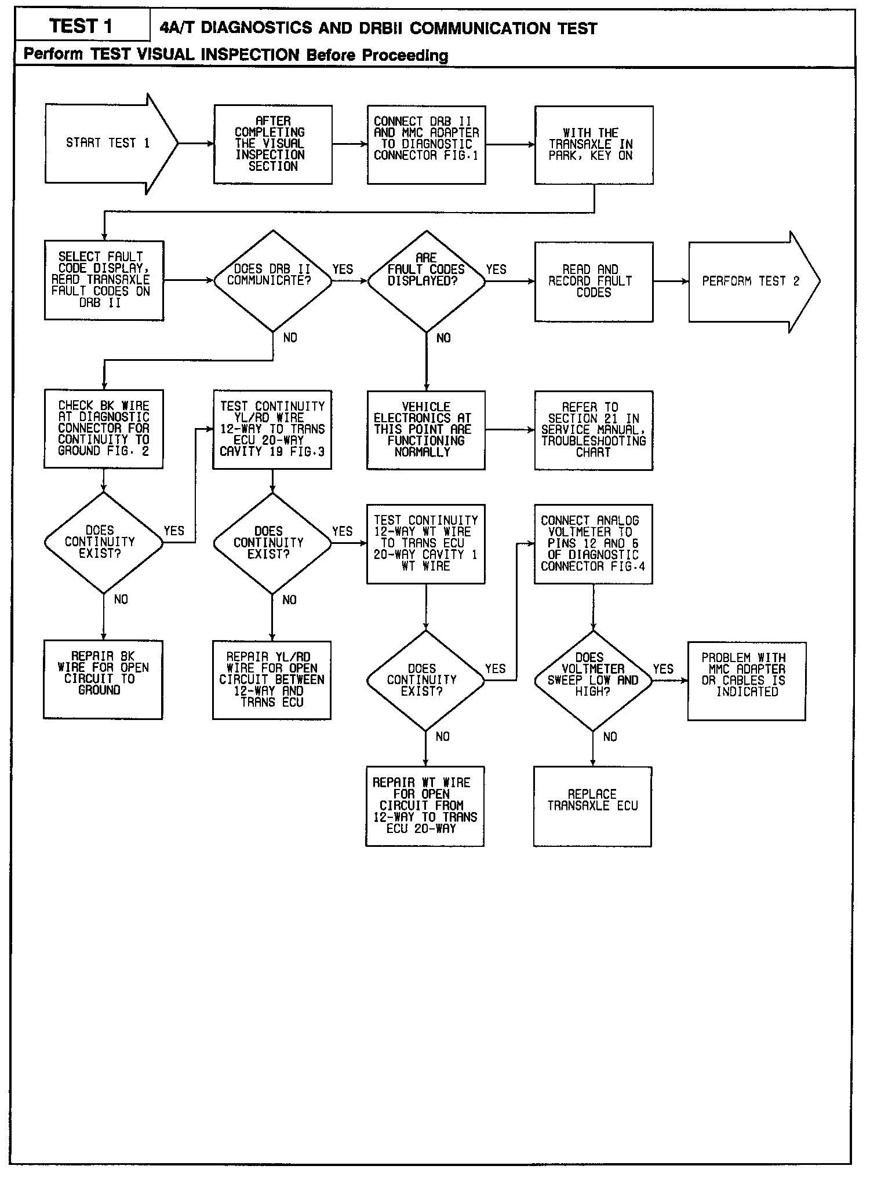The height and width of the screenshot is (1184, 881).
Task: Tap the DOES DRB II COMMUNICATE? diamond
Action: pos(272,282)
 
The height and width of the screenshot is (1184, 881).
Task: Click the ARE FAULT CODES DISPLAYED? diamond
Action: pos(426,282)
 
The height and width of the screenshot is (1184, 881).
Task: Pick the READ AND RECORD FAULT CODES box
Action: pos(594,282)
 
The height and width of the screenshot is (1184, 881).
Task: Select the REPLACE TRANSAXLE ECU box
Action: pos(592,806)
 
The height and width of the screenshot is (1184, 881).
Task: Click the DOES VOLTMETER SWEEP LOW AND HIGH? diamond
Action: pos(592,681)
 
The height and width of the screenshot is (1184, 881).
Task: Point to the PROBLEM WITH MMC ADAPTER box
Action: pos(746,681)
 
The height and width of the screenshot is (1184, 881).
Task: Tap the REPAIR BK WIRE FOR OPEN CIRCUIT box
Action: pos(103,679)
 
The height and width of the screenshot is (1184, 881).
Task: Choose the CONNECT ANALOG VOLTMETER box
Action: pos(593,543)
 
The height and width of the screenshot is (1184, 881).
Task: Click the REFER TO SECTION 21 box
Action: pos(594,430)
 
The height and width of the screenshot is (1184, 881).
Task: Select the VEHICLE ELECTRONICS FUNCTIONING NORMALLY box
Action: pos(426,430)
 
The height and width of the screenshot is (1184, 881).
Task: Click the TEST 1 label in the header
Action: pos(81,27)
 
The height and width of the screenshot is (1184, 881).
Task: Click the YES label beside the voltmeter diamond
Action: pos(663,669)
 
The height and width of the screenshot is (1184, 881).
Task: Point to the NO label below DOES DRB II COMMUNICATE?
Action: pos(290,338)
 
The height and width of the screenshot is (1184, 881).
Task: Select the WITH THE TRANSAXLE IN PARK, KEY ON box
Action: pos(594,145)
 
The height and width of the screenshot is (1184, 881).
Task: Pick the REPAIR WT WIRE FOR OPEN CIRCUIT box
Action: pos(425,806)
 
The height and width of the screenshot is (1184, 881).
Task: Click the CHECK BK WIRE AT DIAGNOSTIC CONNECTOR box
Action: pos(104,429)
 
